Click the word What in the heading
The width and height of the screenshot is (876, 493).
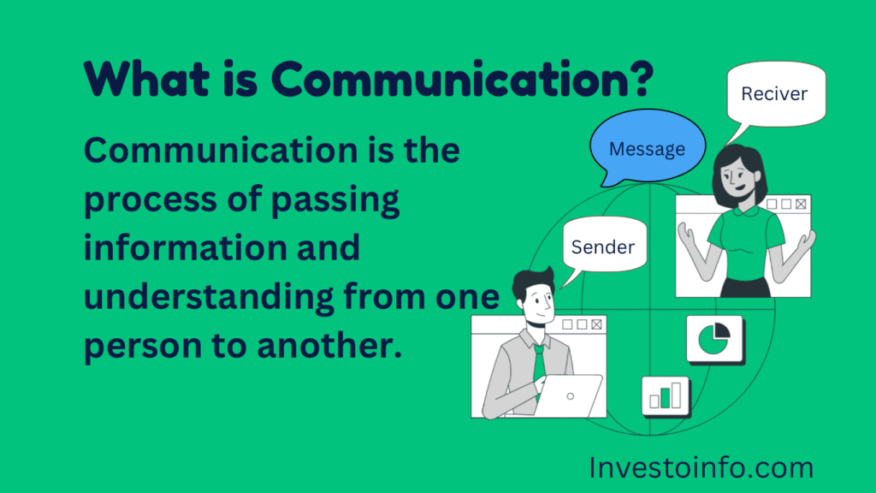(146, 79)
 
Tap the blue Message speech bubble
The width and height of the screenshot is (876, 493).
(647, 147)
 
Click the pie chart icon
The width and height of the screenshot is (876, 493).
(714, 339)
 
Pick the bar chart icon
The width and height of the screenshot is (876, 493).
(666, 396)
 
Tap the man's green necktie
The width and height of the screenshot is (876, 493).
(539, 365)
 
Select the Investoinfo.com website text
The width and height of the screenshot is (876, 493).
(701, 468)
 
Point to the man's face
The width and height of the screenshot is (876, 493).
(540, 304)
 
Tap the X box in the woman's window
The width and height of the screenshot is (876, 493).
(801, 204)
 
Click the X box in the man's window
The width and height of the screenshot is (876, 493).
(596, 324)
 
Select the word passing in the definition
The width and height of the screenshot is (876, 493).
(335, 200)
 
